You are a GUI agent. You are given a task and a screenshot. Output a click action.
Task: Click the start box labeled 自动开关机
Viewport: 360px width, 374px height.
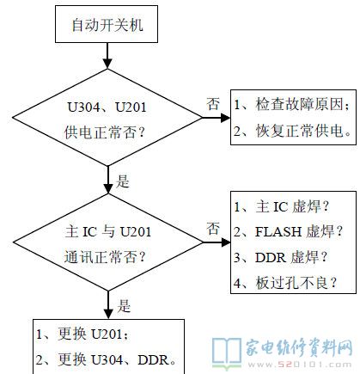click(107, 24)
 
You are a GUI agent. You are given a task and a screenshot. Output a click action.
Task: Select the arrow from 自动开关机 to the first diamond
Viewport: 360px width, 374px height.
click(107, 56)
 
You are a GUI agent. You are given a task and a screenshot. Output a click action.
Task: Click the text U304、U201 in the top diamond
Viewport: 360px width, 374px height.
click(107, 107)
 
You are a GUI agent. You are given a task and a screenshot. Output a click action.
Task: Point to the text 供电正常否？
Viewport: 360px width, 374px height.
click(105, 132)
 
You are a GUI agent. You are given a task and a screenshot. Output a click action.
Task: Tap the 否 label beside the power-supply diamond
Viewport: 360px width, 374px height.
click(213, 104)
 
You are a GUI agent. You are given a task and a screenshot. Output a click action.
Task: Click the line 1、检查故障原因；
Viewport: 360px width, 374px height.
click(292, 104)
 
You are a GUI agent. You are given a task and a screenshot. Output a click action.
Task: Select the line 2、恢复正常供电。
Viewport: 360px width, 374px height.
click(292, 131)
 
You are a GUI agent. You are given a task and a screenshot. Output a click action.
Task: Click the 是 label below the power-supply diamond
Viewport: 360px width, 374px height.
click(123, 181)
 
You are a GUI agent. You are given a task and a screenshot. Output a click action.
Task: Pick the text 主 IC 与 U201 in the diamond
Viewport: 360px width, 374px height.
click(108, 231)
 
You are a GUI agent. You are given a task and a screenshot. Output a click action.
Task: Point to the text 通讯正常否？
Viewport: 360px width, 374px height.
click(105, 256)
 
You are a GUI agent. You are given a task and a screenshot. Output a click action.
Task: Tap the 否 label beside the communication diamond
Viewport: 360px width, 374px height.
click(213, 229)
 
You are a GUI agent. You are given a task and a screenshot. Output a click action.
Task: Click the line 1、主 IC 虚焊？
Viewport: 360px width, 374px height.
click(282, 206)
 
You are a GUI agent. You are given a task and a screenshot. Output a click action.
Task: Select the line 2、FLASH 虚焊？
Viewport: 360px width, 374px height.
click(288, 231)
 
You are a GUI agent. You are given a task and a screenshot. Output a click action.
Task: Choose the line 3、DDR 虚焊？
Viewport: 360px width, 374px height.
click(280, 257)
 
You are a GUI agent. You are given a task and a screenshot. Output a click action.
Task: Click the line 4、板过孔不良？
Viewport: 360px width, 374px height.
click(285, 283)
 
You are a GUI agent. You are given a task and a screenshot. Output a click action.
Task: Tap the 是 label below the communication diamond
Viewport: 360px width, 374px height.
click(124, 306)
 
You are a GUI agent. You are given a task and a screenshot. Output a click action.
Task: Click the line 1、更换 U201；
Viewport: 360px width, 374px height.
click(82, 334)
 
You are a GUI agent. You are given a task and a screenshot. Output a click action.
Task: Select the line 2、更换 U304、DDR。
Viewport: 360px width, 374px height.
click(107, 359)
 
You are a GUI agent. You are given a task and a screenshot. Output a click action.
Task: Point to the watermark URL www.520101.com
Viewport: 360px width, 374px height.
click(300, 365)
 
